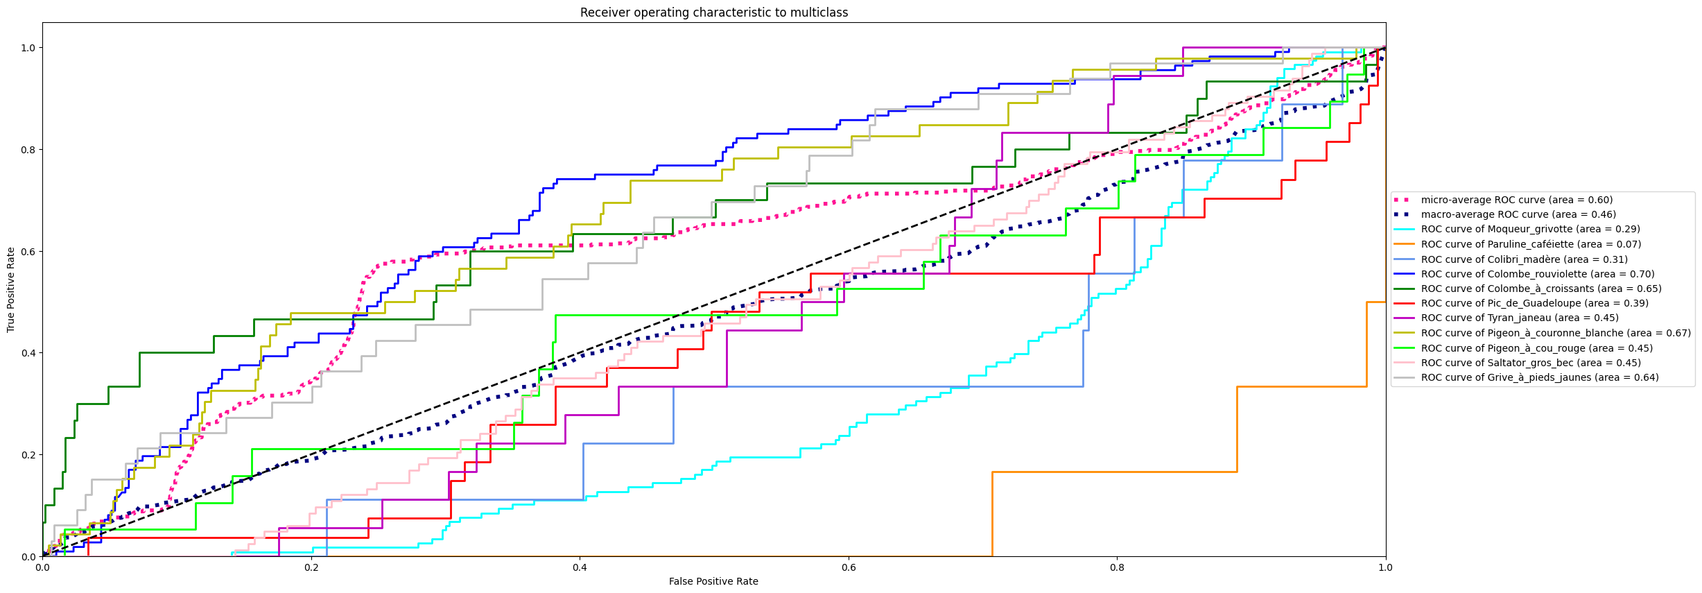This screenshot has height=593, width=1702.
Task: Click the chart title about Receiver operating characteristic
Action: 713,12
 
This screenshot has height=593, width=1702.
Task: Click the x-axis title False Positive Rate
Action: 713,581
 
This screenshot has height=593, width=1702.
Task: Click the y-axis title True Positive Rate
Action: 11,289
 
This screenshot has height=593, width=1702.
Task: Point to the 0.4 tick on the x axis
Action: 580,567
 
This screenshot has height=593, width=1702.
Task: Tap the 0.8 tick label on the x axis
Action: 1117,567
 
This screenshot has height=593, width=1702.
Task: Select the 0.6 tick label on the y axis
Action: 28,251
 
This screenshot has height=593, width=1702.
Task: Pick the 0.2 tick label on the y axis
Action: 28,455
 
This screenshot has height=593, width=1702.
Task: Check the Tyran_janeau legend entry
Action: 1519,318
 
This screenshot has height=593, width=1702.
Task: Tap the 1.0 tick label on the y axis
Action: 28,48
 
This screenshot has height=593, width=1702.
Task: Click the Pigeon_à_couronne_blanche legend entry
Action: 1555,333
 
